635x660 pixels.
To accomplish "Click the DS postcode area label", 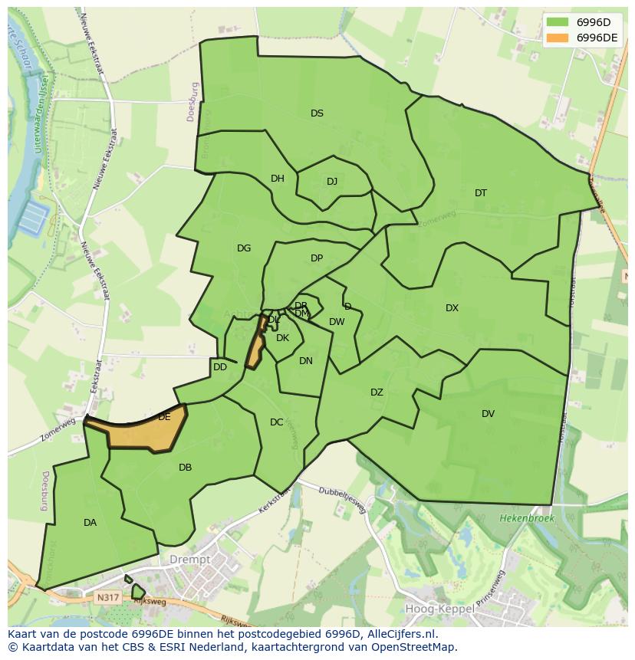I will pyautogui.click(x=317, y=113).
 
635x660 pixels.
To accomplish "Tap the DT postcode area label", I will pyautogui.click(x=480, y=193).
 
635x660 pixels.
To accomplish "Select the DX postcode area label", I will pyautogui.click(x=452, y=308).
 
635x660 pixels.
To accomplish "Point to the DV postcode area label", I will pyautogui.click(x=488, y=414).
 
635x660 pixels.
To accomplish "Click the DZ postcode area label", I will pyautogui.click(x=377, y=392).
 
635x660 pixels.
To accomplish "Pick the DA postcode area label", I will pyautogui.click(x=90, y=523).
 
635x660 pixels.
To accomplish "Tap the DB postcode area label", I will pyautogui.click(x=185, y=468).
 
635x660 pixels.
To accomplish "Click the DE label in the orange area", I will pyautogui.click(x=164, y=418).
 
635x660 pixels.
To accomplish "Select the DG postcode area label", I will pyautogui.click(x=244, y=248).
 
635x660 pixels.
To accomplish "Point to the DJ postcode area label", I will pyautogui.click(x=332, y=182).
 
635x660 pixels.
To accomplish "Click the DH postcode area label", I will pyautogui.click(x=278, y=179).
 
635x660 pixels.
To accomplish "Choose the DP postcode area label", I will pyautogui.click(x=317, y=258).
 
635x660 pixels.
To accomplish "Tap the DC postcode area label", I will pyautogui.click(x=277, y=422).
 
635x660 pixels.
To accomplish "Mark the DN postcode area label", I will pyautogui.click(x=306, y=361).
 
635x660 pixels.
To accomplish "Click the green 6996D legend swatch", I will pyautogui.click(x=558, y=22).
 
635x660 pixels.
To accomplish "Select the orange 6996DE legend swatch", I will pyautogui.click(x=558, y=38).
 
